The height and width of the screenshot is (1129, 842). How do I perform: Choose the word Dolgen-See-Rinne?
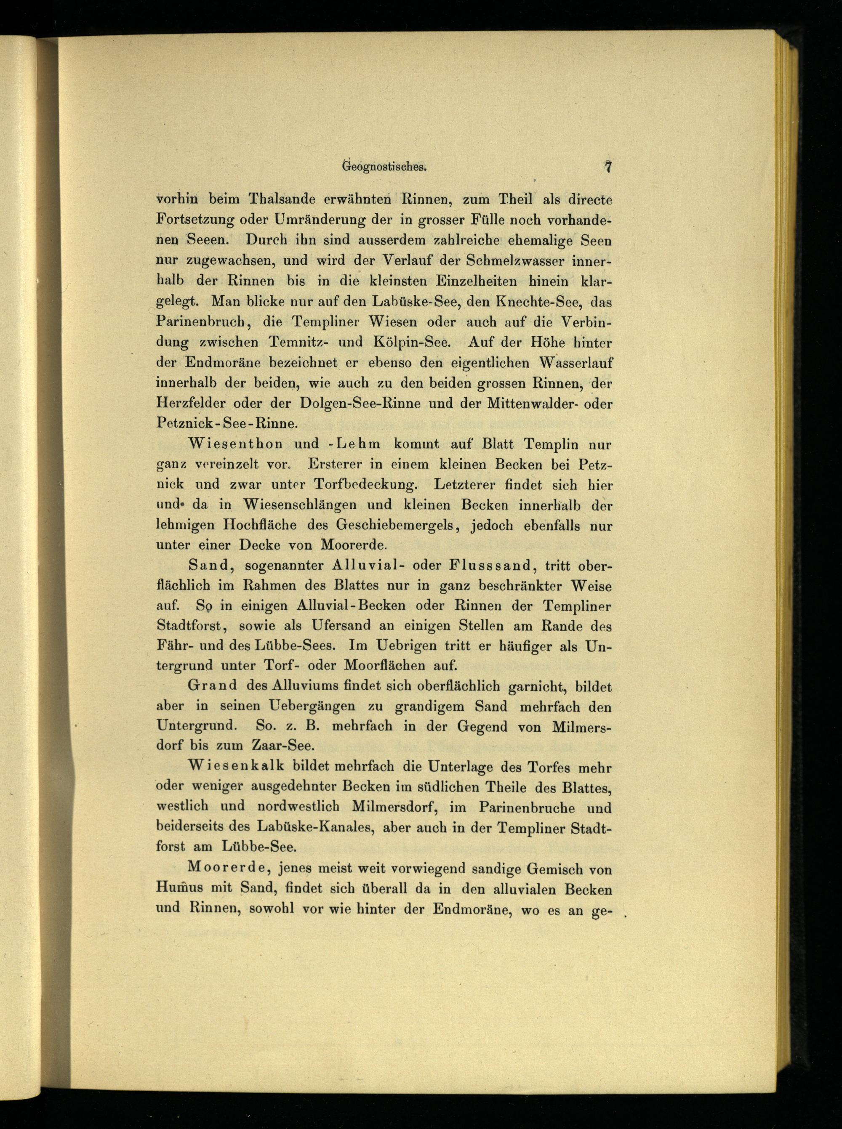coord(360,404)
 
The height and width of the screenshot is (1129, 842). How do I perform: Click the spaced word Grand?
coord(213,686)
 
